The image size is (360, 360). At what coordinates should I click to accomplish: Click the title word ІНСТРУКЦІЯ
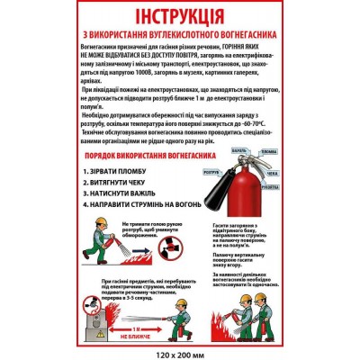(x=179, y=20)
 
